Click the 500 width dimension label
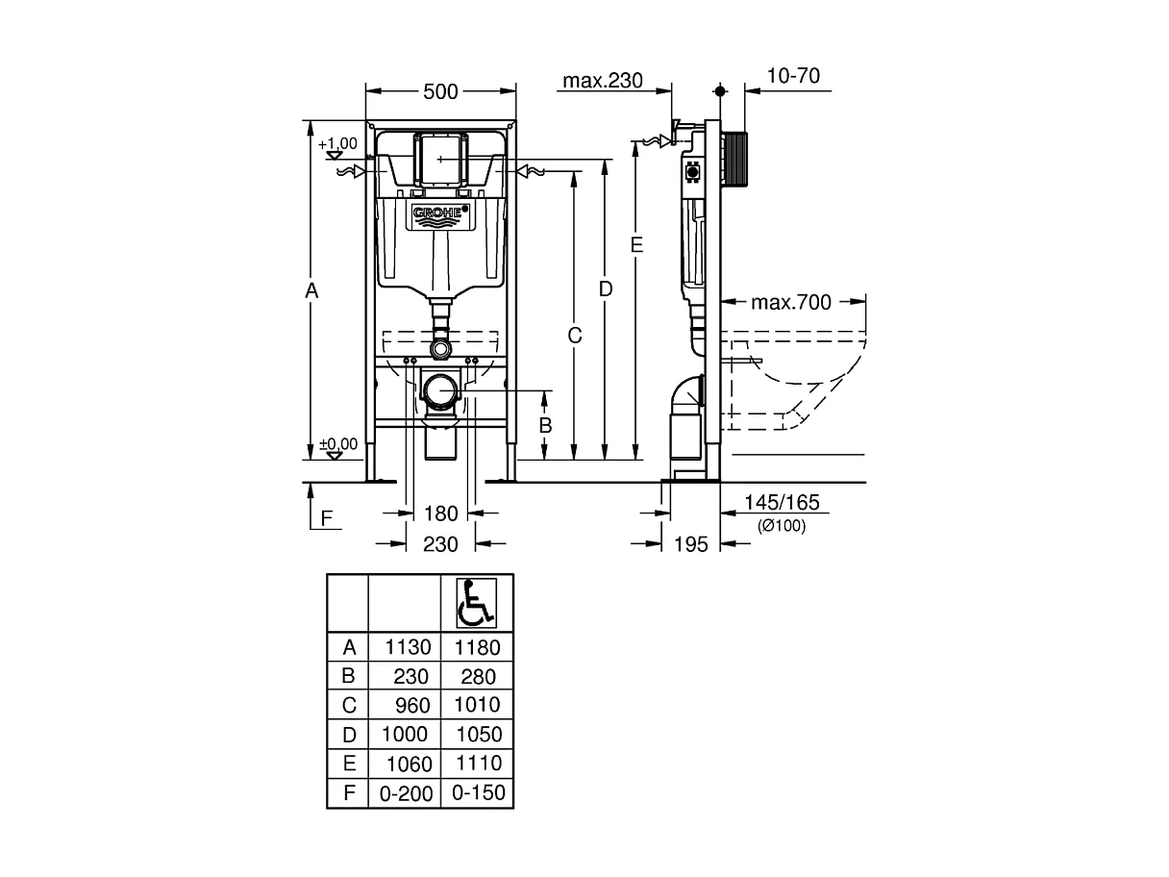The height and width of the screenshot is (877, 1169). [440, 91]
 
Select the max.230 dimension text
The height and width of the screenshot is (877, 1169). [602, 80]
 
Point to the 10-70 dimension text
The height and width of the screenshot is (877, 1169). [795, 76]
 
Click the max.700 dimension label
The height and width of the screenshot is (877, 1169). [790, 303]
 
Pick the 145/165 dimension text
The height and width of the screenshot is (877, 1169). [781, 503]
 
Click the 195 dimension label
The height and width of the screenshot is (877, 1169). [690, 544]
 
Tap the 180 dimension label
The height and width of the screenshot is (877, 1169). [441, 514]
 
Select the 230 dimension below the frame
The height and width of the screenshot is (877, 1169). [441, 544]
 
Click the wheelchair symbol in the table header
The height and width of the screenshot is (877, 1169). [477, 604]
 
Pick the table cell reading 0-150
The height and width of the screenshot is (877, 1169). [478, 793]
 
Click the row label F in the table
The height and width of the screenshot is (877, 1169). [349, 793]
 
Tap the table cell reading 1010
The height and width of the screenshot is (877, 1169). [478, 705]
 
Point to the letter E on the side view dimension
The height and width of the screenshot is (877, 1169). [636, 245]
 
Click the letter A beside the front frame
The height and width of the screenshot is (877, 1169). [311, 289]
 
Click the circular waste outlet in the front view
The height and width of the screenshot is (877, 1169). [441, 391]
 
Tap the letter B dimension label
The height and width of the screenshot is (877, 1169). [544, 423]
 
